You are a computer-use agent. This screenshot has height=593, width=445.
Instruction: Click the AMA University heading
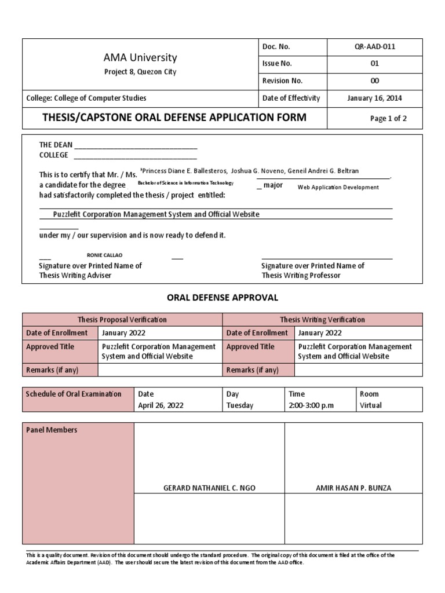tap(140, 58)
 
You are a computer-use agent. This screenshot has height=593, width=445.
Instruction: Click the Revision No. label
tap(283, 81)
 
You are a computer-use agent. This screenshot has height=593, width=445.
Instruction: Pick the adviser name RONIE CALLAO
tap(104, 255)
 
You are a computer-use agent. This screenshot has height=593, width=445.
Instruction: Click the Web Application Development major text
tap(338, 187)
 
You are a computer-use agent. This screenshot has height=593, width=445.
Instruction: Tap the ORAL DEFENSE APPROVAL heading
tap(222, 298)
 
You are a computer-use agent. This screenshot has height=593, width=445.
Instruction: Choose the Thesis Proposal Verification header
tap(122, 320)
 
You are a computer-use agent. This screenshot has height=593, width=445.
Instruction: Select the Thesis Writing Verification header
tap(322, 320)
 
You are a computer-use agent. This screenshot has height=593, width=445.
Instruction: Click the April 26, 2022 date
tap(161, 405)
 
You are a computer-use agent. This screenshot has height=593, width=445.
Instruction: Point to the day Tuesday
tap(240, 405)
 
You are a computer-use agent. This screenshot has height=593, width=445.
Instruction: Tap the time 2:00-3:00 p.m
tap(311, 405)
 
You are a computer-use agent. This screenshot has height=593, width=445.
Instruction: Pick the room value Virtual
tap(371, 405)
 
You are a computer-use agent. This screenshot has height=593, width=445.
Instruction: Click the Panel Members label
tap(52, 430)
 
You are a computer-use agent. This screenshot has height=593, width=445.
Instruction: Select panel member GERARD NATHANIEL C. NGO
tap(209, 488)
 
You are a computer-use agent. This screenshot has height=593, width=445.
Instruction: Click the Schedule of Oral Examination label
tap(74, 394)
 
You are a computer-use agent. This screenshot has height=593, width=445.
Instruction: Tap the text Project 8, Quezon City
tap(140, 72)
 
